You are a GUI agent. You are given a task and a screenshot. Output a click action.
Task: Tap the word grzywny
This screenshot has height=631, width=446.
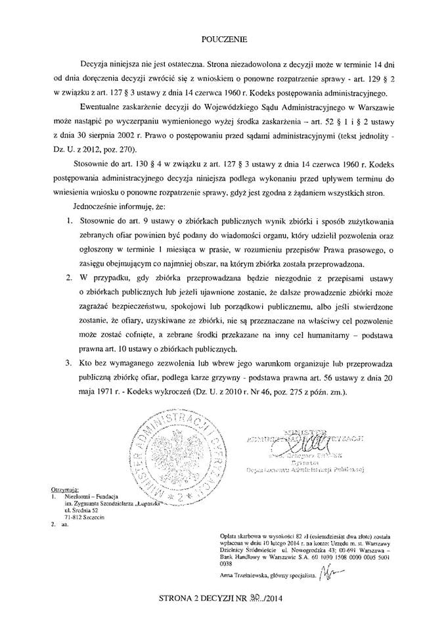click(x=231, y=377)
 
